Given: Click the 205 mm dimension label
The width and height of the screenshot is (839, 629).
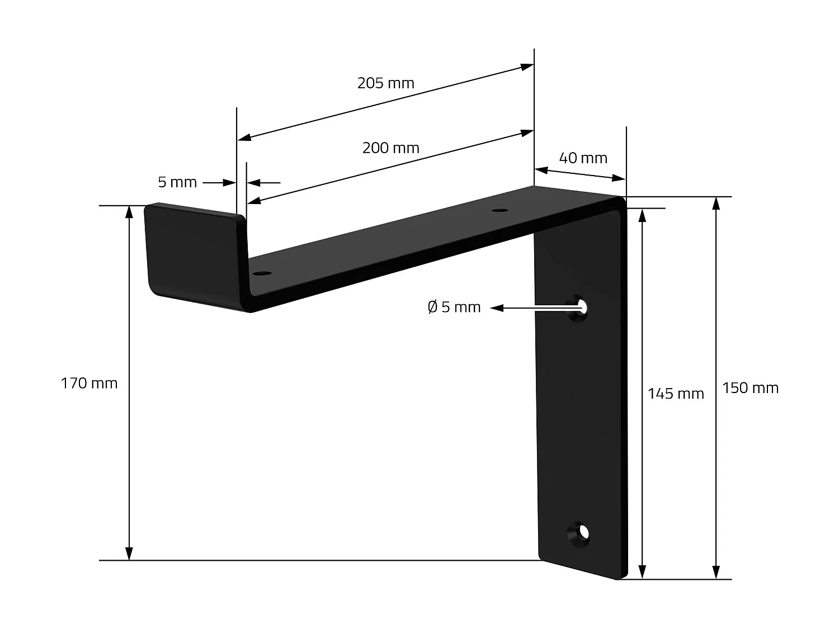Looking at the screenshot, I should click(x=385, y=83).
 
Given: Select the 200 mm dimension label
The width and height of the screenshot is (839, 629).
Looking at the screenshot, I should click(x=390, y=148).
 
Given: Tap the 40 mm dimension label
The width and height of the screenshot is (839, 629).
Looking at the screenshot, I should click(x=583, y=158).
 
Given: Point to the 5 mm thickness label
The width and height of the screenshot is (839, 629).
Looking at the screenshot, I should click(x=177, y=182).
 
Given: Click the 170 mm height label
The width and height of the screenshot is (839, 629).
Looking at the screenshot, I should click(x=89, y=384).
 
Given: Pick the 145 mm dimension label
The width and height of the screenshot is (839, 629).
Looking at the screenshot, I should click(x=675, y=394).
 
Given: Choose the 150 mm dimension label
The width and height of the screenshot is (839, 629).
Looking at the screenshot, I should click(x=750, y=388).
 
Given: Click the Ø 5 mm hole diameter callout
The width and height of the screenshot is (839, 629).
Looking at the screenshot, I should click(x=454, y=308).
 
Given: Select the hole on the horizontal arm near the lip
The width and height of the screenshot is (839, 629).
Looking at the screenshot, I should click(x=261, y=274).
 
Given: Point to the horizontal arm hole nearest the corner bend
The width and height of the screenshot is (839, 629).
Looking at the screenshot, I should click(x=499, y=211).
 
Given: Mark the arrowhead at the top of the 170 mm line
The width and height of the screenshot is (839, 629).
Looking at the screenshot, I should click(x=129, y=211).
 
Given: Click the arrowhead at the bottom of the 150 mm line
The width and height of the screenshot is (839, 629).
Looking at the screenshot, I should click(x=716, y=573).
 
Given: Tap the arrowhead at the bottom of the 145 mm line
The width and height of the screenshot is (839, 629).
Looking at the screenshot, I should click(x=643, y=573).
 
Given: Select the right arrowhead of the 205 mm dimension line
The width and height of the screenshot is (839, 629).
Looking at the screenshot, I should click(x=527, y=67).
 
